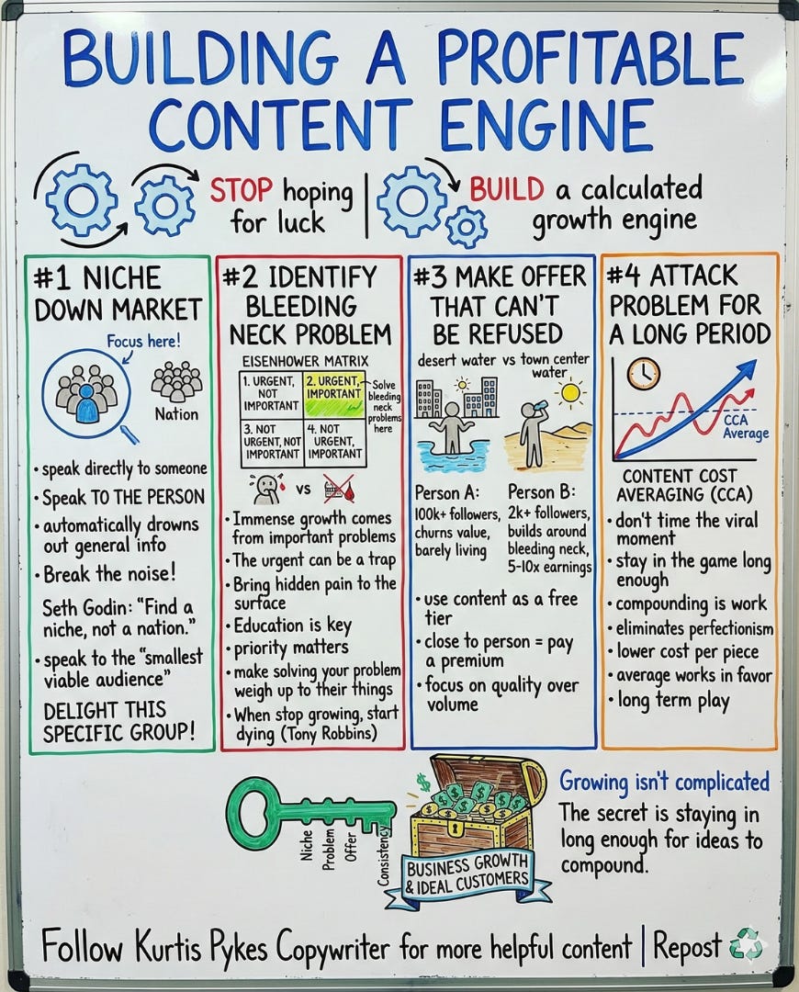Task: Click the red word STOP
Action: [242, 190]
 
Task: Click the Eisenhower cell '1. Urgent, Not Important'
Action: [270, 392]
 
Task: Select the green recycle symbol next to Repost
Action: [745, 946]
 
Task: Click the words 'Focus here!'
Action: [143, 341]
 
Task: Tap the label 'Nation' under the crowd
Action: [177, 414]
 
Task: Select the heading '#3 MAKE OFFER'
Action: [500, 276]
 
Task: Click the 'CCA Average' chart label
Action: [746, 427]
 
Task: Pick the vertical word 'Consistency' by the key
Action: [385, 855]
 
